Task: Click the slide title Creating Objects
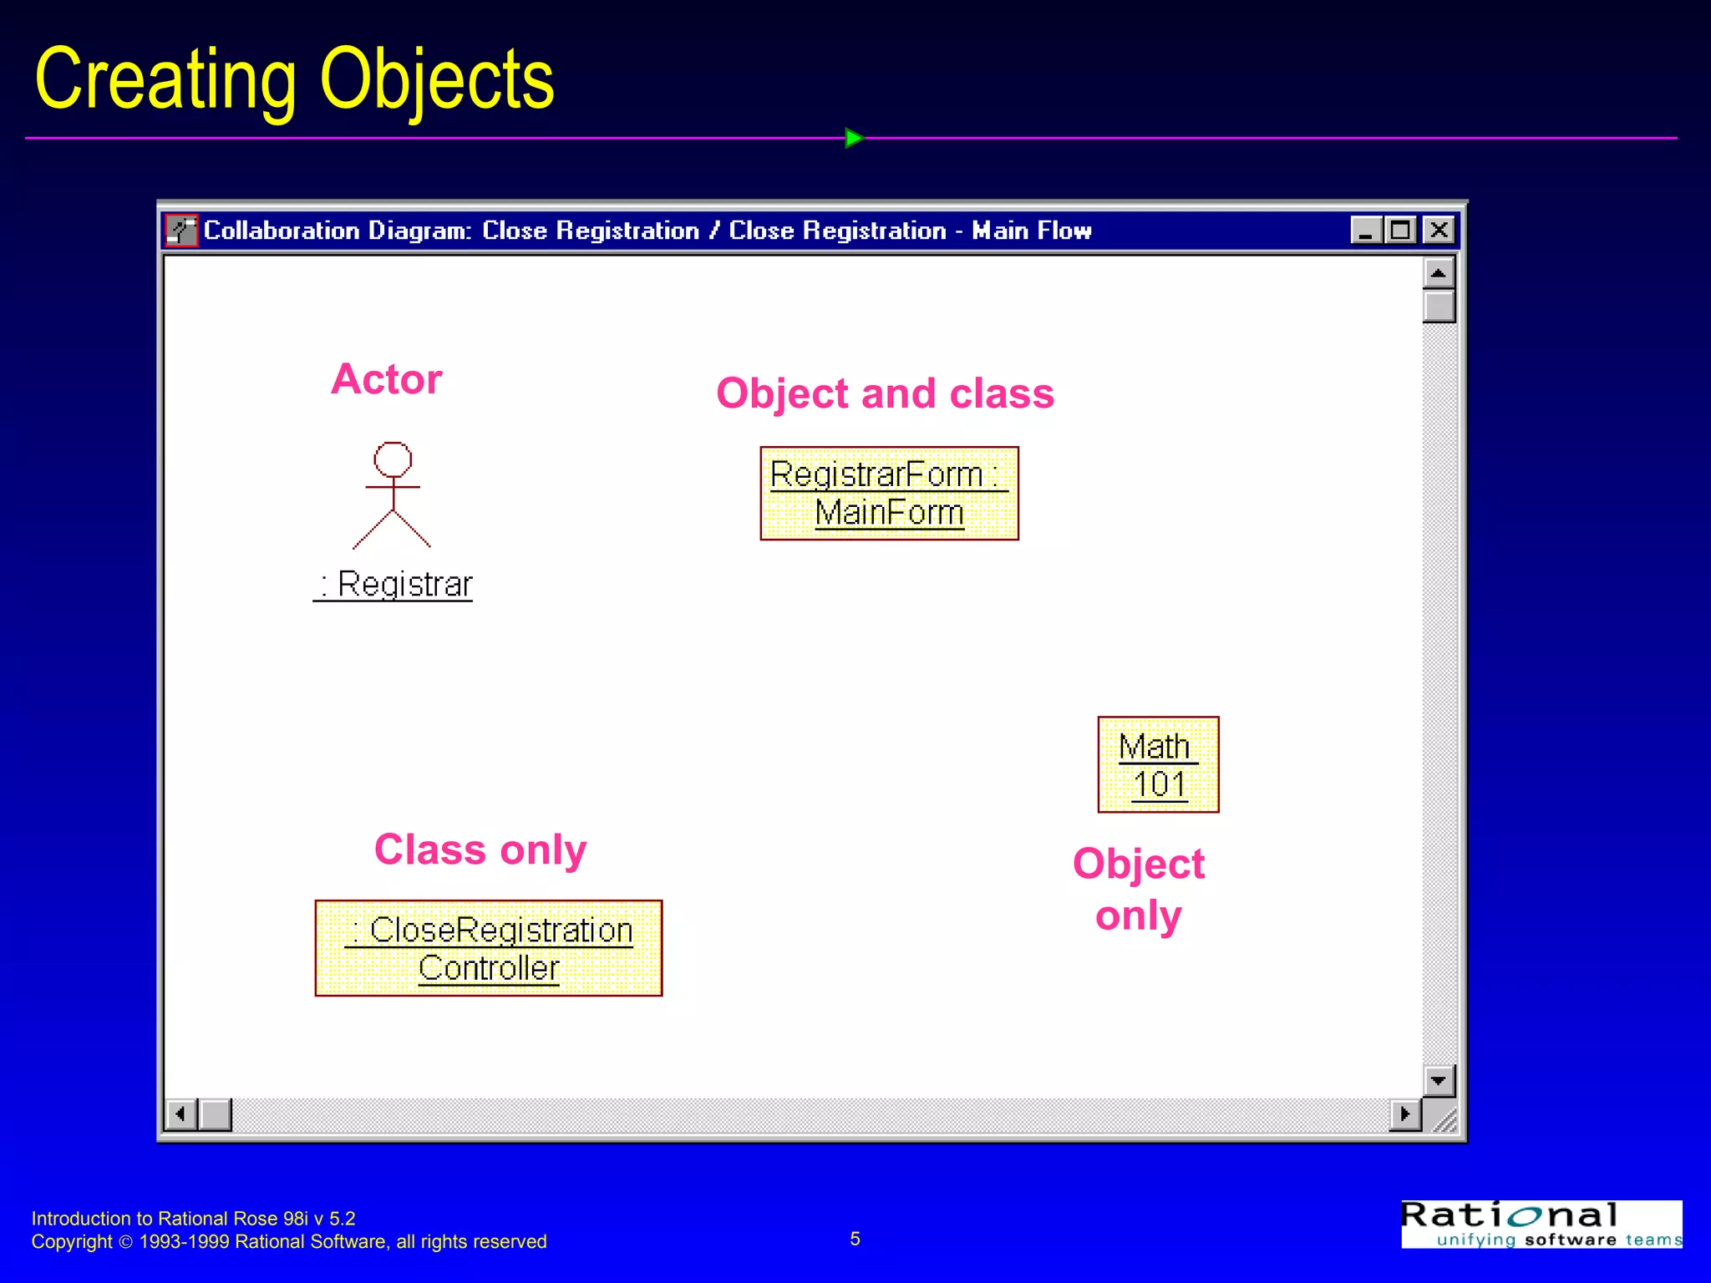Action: (294, 79)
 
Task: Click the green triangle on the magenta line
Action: (853, 138)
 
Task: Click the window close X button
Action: (1439, 230)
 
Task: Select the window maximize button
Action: (1401, 230)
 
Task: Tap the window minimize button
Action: (1366, 230)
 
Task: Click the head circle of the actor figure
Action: (393, 459)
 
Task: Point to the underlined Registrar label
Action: (393, 584)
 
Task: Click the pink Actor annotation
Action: (386, 379)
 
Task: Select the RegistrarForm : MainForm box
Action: (889, 493)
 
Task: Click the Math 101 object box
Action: (1158, 764)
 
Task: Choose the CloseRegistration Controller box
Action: (489, 948)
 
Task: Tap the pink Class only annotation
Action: (480, 849)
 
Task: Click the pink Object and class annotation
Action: (885, 393)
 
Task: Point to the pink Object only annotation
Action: (1139, 889)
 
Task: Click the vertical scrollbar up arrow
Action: (1439, 273)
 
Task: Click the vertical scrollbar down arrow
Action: (1439, 1080)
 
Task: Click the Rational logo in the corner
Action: (1541, 1224)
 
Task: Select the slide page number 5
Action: (855, 1239)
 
